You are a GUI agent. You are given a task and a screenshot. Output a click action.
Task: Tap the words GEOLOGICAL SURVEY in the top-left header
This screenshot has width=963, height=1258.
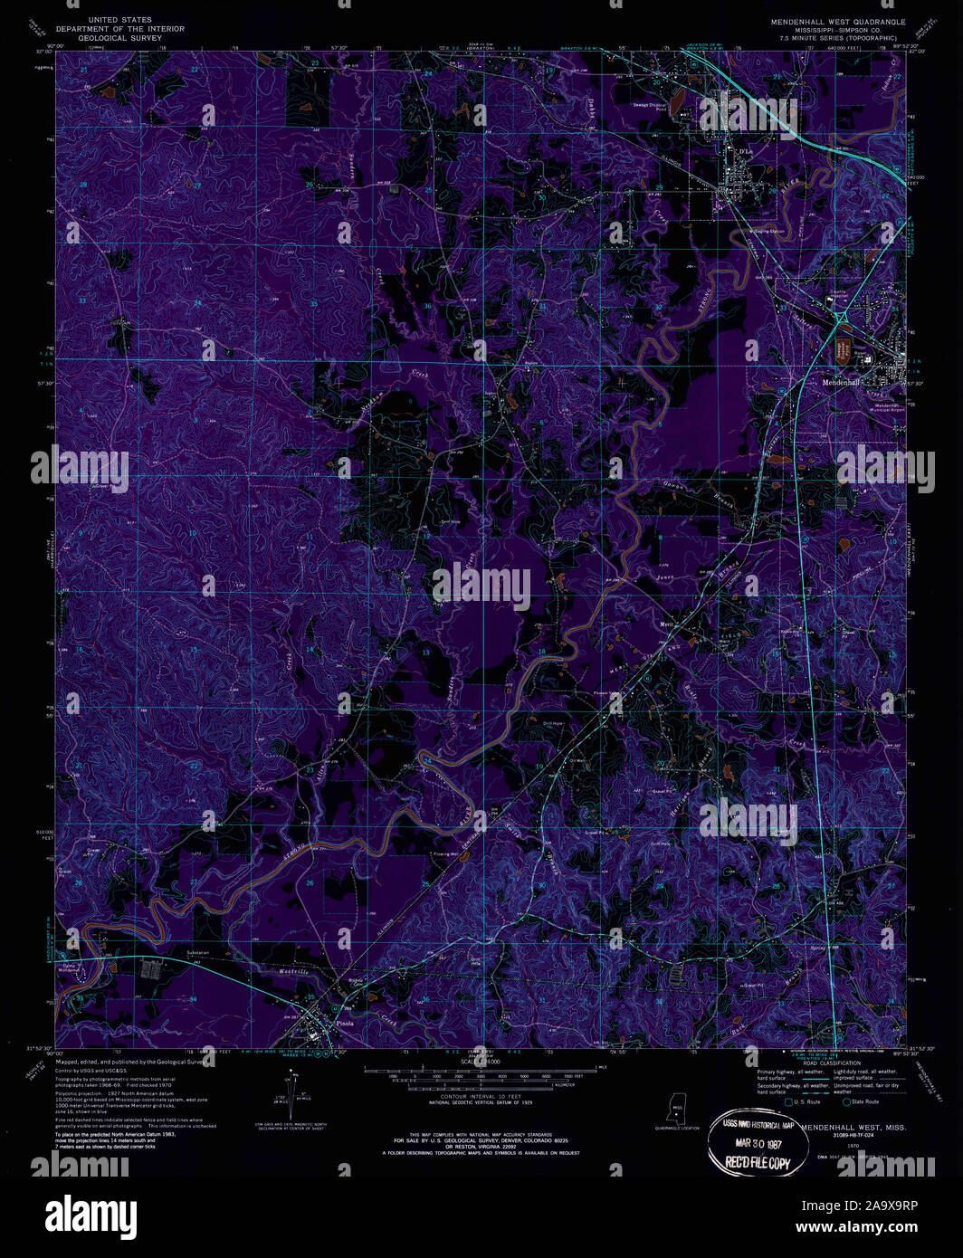pyautogui.click(x=120, y=38)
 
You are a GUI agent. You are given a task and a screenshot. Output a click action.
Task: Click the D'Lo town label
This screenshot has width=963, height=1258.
pyautogui.click(x=745, y=150)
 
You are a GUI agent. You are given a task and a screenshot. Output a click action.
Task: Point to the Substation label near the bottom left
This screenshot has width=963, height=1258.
pyautogui.click(x=197, y=953)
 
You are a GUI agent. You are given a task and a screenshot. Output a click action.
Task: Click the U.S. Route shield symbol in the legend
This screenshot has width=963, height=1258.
pyautogui.click(x=788, y=1101)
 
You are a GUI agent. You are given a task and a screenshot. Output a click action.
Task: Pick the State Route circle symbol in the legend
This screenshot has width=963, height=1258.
pyautogui.click(x=847, y=1101)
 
